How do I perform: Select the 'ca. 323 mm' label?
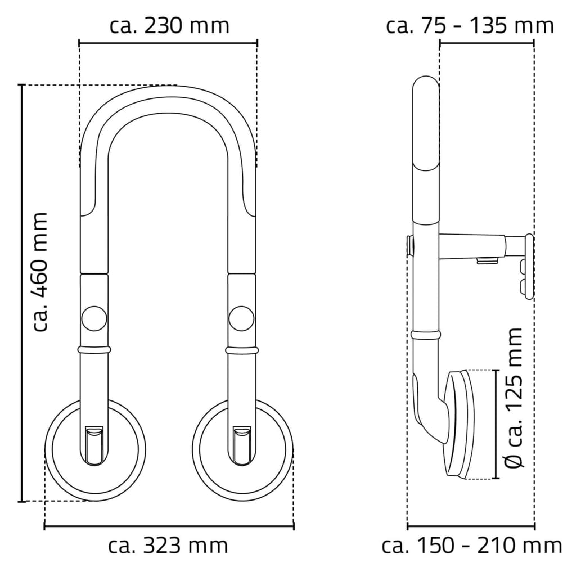[x=168, y=545]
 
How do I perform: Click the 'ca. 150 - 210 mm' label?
[x=471, y=545]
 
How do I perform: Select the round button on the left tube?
[x=93, y=318]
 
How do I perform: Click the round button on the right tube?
[x=242, y=318]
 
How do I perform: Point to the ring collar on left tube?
[x=93, y=350]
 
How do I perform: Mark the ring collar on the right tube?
[x=242, y=350]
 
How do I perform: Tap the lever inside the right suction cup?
[x=242, y=445]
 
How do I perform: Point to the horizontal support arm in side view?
[x=472, y=245]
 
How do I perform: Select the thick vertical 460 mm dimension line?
[x=22, y=292]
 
